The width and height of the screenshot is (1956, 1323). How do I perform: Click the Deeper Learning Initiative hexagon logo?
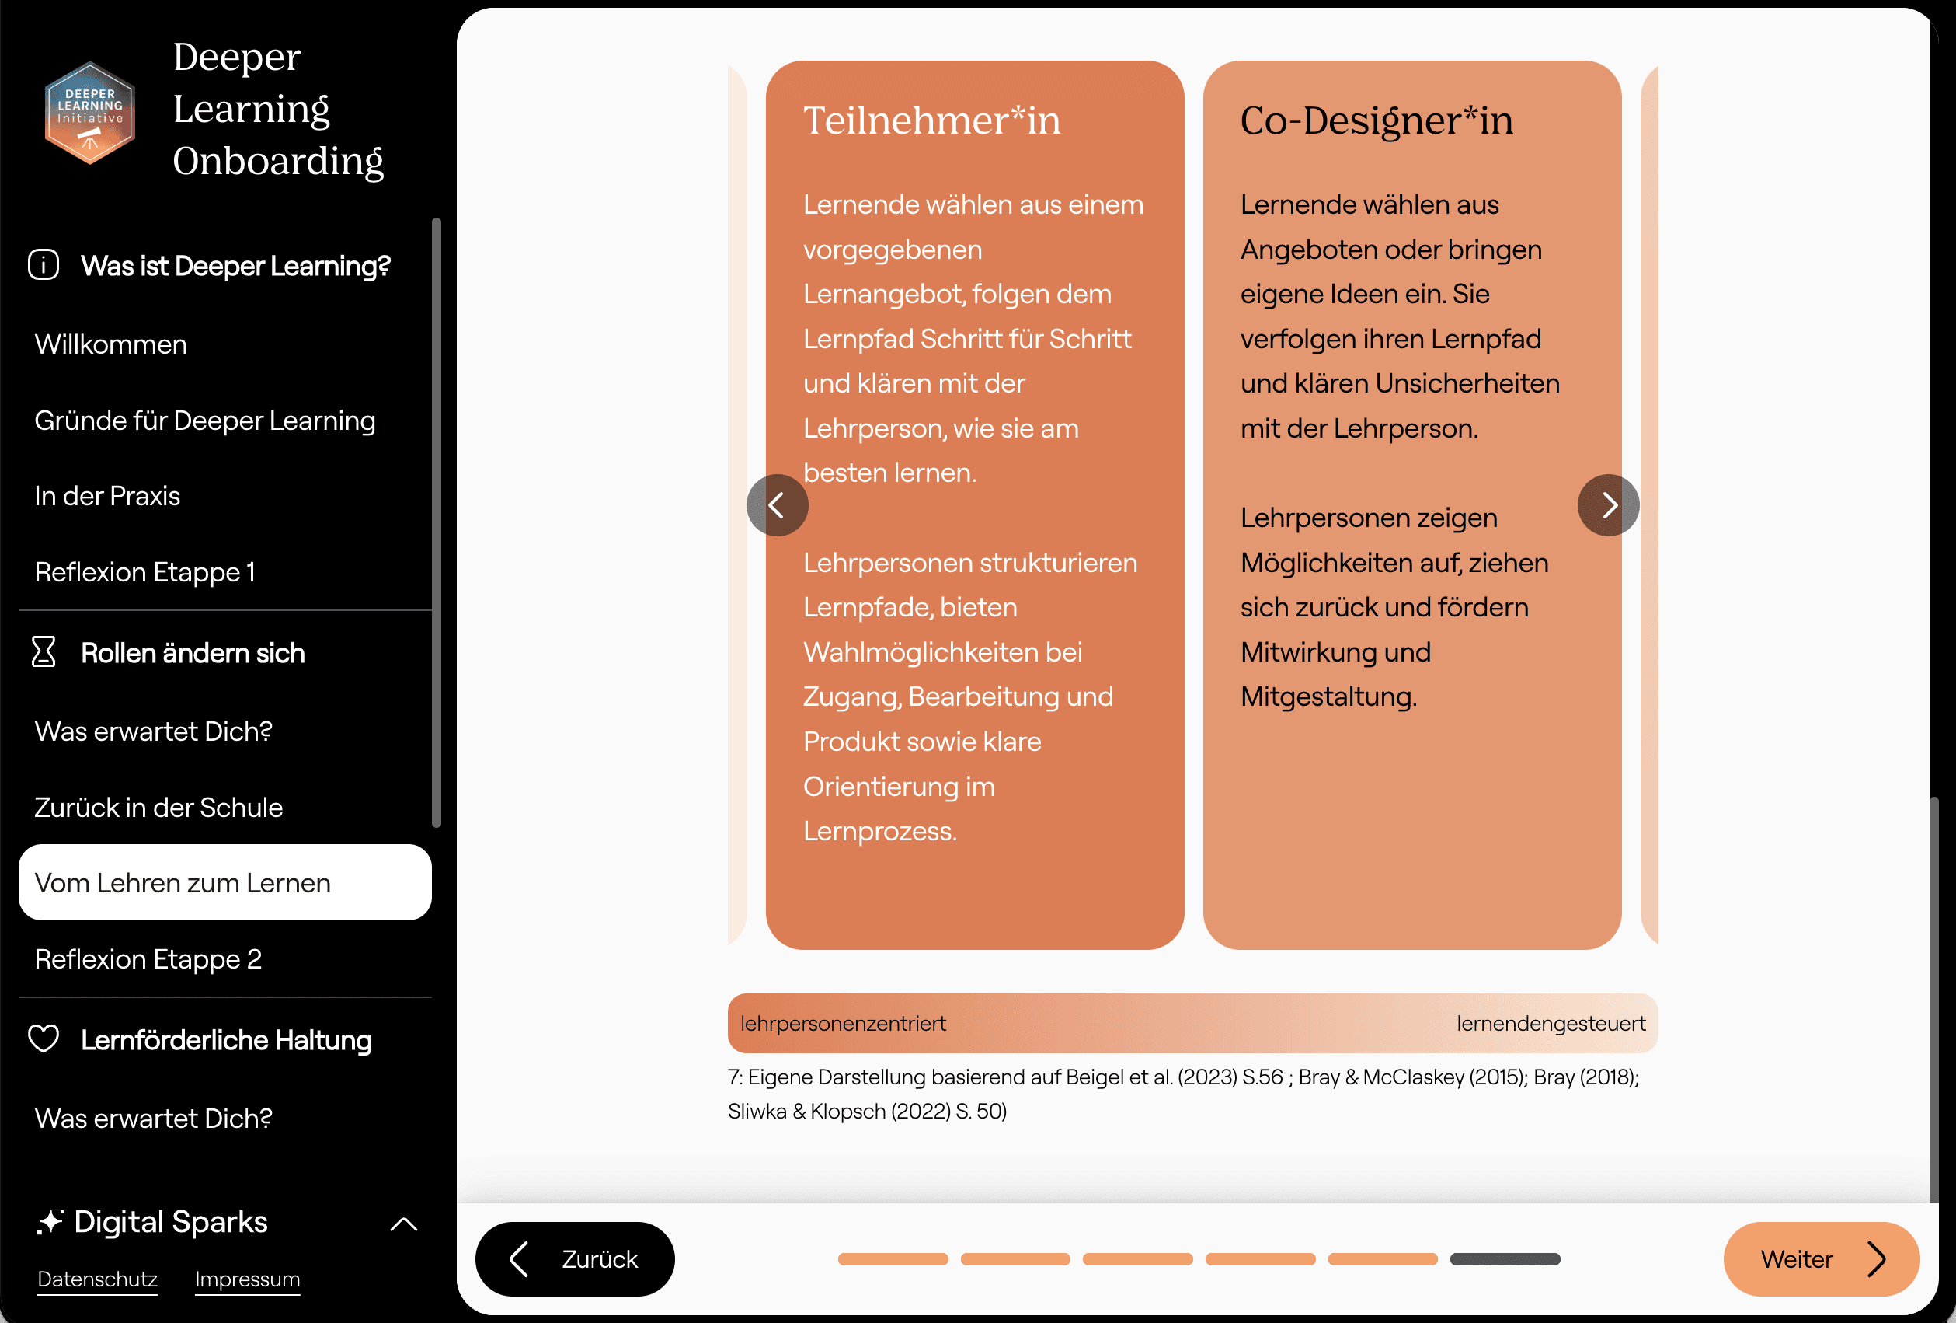tap(90, 113)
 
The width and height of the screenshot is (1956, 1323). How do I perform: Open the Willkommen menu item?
tap(110, 344)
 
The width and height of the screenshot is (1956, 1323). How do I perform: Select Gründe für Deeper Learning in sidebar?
tap(204, 421)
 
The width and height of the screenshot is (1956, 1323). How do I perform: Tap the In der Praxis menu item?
tap(107, 496)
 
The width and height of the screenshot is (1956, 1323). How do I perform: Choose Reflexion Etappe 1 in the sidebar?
tap(144, 572)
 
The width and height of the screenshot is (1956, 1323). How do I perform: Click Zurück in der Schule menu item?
tap(158, 808)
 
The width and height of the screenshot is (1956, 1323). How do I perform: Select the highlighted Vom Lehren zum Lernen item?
tap(224, 882)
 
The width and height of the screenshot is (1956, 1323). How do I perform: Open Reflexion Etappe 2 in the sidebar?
tap(148, 959)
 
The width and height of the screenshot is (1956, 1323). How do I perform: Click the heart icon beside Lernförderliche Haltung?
tap(44, 1039)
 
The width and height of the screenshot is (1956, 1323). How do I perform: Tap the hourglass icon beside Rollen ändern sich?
tap(44, 652)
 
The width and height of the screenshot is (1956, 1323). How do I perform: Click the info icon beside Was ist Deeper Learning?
tap(44, 264)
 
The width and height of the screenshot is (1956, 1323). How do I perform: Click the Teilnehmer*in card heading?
tap(931, 120)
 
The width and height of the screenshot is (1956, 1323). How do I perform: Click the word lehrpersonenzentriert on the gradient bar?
tap(843, 1023)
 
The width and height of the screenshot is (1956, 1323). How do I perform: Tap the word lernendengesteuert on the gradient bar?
tap(1551, 1024)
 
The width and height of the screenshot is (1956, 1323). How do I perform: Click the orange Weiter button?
tap(1822, 1259)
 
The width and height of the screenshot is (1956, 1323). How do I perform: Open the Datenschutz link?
tap(98, 1279)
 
